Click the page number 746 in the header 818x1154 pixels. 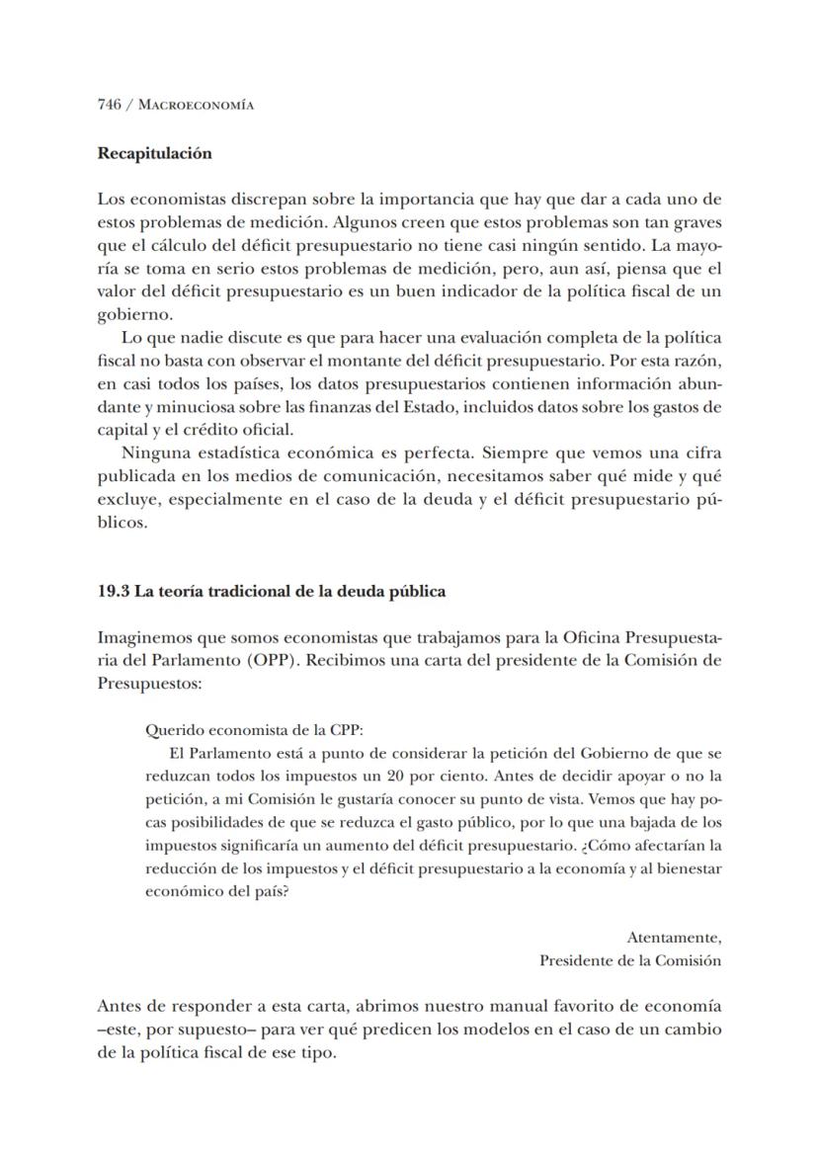[x=109, y=105]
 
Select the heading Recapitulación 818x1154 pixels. [x=154, y=154]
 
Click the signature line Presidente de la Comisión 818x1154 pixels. [x=629, y=960]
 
